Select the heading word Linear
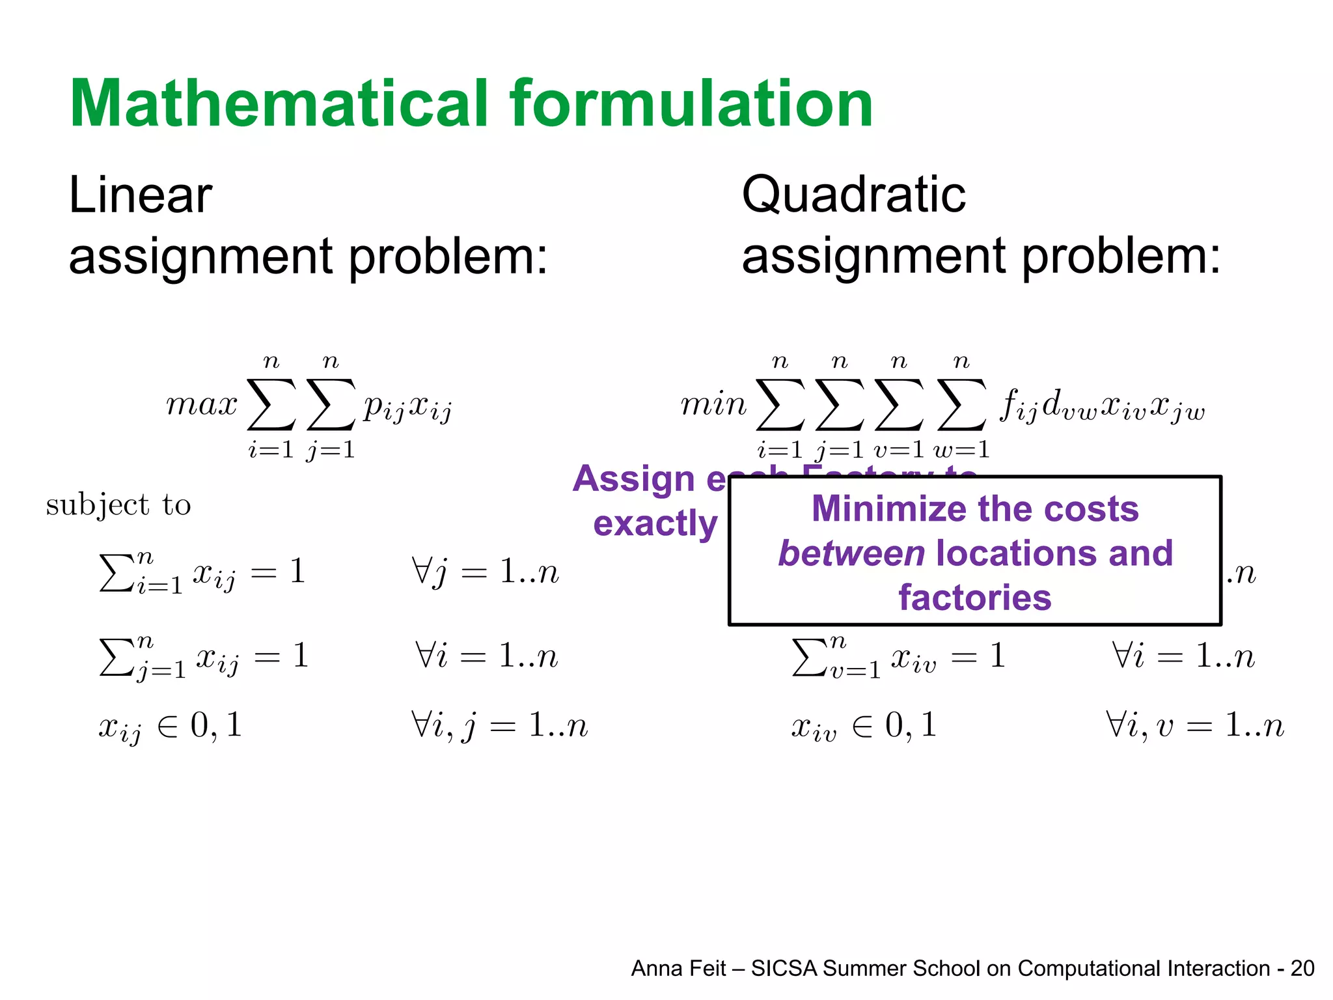coord(141,195)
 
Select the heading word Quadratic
coord(853,195)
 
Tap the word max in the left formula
coord(202,405)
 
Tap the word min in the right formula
coord(713,405)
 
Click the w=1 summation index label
coord(961,449)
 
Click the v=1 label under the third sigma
coord(899,449)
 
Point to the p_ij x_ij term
coord(407,408)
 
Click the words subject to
coord(118,505)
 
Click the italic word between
coord(851,553)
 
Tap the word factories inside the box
coord(974,598)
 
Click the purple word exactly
coord(655,523)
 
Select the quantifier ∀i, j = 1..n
coord(499,725)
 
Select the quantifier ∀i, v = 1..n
coord(1194,725)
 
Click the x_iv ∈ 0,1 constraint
coord(864,727)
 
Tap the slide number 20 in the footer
coord(1302,969)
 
